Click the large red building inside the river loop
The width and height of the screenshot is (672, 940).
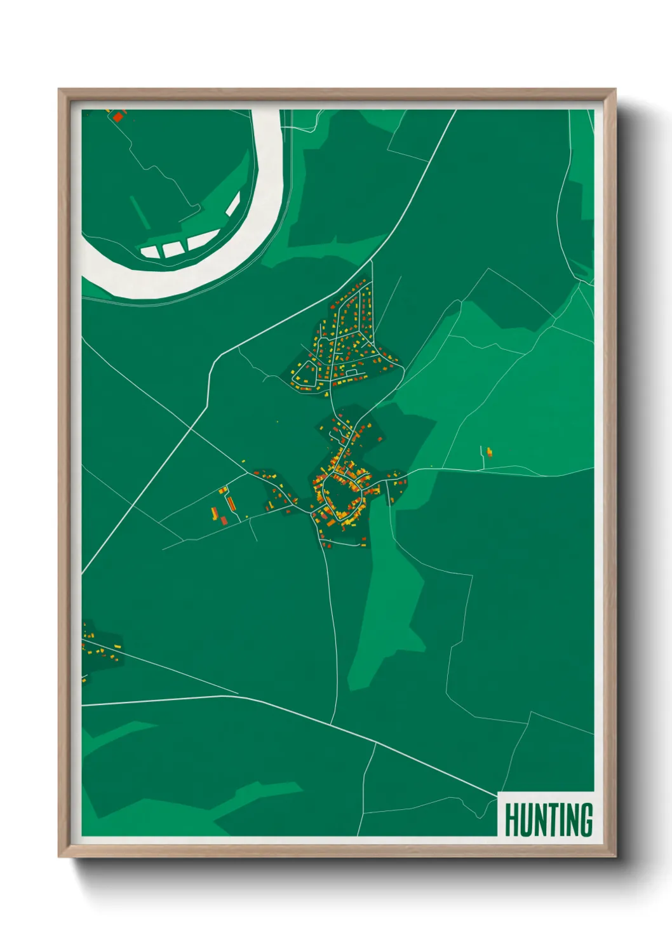(x=118, y=116)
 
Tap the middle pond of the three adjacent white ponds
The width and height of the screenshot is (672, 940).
(x=172, y=248)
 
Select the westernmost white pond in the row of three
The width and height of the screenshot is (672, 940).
(x=150, y=252)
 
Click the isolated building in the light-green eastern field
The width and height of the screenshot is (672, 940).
(x=489, y=452)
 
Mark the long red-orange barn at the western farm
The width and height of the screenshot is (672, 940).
(x=230, y=504)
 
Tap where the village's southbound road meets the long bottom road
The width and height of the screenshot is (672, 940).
(x=332, y=723)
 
